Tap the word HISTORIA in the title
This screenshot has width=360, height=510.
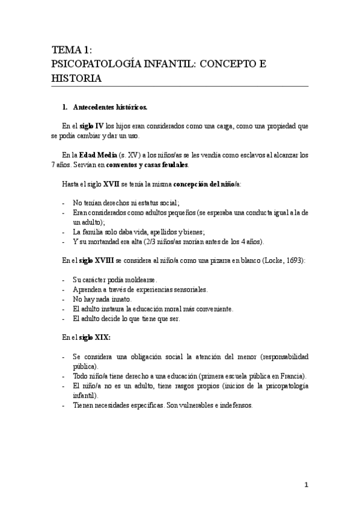click(76, 79)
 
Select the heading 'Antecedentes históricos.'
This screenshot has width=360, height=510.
click(109, 108)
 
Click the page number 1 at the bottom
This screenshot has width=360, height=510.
click(306, 485)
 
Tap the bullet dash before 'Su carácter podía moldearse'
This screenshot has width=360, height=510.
click(64, 280)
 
